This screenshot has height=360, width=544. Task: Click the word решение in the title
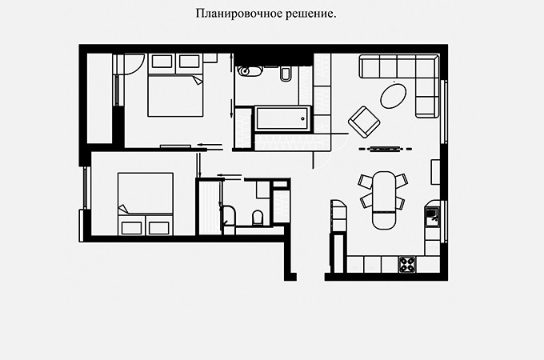(x=304, y=15)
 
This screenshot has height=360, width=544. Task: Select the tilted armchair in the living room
(x=364, y=122)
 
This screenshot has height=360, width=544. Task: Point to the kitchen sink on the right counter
(x=432, y=217)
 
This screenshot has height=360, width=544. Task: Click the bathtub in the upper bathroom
(x=282, y=120)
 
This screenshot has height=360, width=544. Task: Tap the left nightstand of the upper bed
(x=162, y=61)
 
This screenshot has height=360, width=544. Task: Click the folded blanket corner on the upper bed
(x=196, y=80)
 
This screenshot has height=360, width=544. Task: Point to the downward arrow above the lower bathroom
(x=198, y=164)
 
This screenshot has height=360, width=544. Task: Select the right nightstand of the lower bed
(x=159, y=227)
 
